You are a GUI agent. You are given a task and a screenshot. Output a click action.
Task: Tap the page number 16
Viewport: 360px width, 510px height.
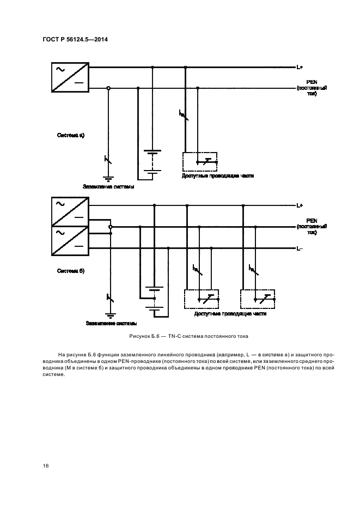point(45,465)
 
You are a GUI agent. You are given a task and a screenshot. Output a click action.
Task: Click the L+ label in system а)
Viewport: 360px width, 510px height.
point(300,68)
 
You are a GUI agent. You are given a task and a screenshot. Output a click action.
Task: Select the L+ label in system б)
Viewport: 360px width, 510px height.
point(300,205)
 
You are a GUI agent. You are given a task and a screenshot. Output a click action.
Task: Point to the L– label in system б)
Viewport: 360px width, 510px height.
point(299,248)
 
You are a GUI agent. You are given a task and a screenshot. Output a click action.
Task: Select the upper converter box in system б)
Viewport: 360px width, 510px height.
point(70,211)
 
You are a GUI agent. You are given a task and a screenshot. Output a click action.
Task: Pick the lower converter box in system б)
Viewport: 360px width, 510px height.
point(70,240)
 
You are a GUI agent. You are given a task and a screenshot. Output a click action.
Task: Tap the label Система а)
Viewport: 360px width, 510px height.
point(71,134)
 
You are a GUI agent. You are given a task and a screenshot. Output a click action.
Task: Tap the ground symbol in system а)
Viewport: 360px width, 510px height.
point(108,178)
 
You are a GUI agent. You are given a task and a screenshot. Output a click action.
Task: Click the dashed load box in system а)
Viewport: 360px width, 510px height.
point(200,162)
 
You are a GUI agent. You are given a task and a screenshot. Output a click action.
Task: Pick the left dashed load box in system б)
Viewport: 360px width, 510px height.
point(203,299)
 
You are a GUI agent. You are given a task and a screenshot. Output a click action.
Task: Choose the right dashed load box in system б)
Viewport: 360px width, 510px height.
point(258,299)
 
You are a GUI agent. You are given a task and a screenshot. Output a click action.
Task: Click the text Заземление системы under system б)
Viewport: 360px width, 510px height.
point(112,323)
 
